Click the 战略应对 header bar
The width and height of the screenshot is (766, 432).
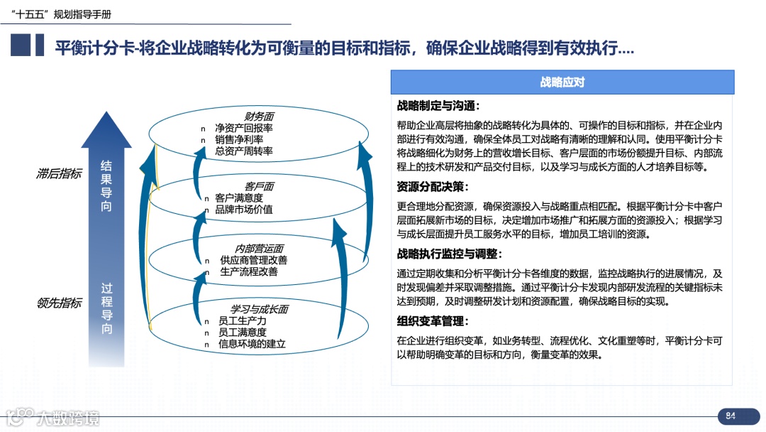(x=562, y=82)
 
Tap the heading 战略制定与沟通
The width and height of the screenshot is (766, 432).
(x=438, y=106)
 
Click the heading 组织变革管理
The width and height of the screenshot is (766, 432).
(x=433, y=320)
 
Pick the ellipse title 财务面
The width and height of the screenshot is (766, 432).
(x=259, y=117)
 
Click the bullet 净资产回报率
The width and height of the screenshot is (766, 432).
(x=244, y=129)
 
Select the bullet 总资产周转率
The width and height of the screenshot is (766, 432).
(x=244, y=151)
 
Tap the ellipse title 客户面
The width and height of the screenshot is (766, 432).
(x=259, y=186)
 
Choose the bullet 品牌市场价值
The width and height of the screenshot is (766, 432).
(x=244, y=210)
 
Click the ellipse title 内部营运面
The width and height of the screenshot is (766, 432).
(x=259, y=249)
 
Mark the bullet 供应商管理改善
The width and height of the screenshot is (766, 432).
(x=253, y=260)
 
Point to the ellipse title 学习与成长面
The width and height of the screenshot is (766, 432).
(x=259, y=310)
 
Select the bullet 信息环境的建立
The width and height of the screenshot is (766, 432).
(x=252, y=344)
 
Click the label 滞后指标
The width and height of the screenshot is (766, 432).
(x=59, y=173)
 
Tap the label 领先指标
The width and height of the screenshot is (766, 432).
(x=59, y=303)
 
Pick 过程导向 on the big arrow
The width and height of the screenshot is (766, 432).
(x=106, y=308)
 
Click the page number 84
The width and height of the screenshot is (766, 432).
(x=731, y=416)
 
